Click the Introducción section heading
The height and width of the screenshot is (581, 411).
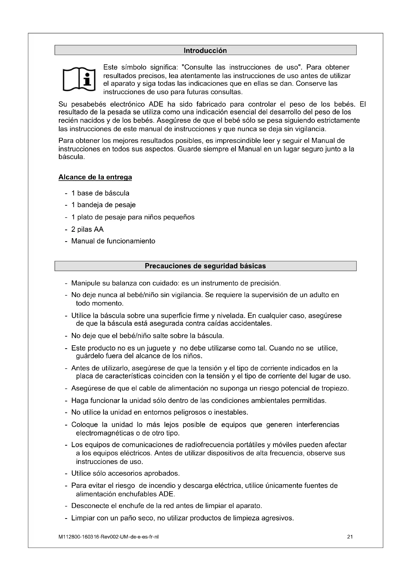tap(205, 51)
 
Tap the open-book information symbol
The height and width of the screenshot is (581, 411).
tap(79, 79)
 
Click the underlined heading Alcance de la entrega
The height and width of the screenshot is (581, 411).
tap(95, 177)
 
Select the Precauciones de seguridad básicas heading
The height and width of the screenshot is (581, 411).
tap(205, 266)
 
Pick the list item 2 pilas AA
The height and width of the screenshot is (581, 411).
tap(87, 229)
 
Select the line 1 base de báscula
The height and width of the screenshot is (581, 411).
tap(100, 193)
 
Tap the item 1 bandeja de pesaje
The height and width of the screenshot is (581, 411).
tap(103, 205)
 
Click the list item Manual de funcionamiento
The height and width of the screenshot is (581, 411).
tap(113, 241)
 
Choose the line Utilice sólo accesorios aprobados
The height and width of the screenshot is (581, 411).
tap(125, 473)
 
